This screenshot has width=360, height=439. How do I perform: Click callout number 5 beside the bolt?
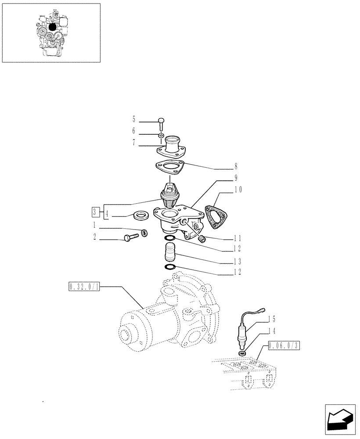point(134,119)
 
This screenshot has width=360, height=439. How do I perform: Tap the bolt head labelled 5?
point(161,122)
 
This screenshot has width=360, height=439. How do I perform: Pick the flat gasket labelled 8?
point(169,168)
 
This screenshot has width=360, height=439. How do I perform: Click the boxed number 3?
point(94,212)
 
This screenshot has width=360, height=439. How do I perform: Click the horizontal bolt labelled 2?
point(132,237)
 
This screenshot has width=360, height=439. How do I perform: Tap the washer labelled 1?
point(144,233)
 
